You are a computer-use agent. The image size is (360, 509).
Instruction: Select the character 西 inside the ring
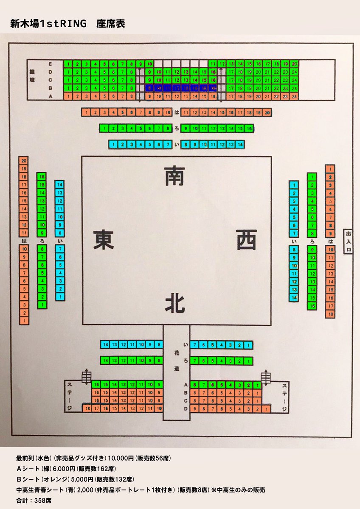tap(246, 240)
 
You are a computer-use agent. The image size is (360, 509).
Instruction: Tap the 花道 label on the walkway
tap(177, 361)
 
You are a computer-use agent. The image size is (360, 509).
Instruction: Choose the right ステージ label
tap(285, 395)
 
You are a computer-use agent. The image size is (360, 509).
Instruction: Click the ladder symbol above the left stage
tap(86, 376)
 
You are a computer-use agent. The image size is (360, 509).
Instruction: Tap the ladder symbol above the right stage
tap(266, 376)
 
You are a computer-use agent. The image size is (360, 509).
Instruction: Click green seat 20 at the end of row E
tap(295, 64)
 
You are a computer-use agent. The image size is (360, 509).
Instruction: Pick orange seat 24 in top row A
tap(295, 96)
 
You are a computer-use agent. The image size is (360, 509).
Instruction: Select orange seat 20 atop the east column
tap(24, 161)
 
